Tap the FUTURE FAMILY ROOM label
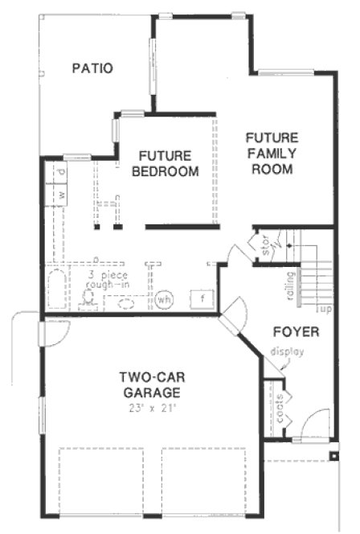272,153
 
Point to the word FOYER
296,331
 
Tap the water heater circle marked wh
165,299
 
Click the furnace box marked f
202,299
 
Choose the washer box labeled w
61,195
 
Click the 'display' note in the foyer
288,351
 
